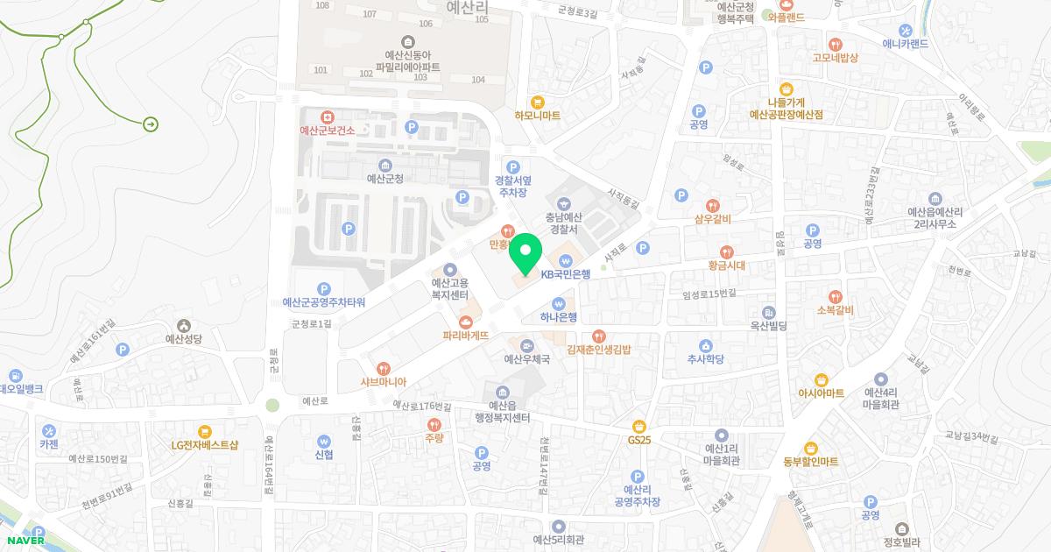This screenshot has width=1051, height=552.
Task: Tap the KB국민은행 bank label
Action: [566, 273]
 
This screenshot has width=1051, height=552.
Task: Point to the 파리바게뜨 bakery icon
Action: [465, 321]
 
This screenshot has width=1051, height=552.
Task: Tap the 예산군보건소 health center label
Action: [327, 131]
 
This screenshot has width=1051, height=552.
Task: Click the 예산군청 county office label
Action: [385, 178]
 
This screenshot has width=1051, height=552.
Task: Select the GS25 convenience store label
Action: [640, 439]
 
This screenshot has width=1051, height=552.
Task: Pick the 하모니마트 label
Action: [538, 116]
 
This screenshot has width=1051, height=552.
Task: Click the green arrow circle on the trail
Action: [151, 124]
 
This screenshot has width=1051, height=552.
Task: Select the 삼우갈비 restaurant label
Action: [712, 218]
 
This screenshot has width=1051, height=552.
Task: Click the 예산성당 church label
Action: [184, 337]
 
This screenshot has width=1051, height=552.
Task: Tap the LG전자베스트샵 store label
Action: [205, 444]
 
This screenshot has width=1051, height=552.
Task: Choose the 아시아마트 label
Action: [822, 393]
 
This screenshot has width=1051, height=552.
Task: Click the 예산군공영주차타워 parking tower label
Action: [324, 302]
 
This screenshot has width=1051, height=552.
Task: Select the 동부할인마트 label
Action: [811, 461]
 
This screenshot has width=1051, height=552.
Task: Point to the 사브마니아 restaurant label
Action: [383, 382]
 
